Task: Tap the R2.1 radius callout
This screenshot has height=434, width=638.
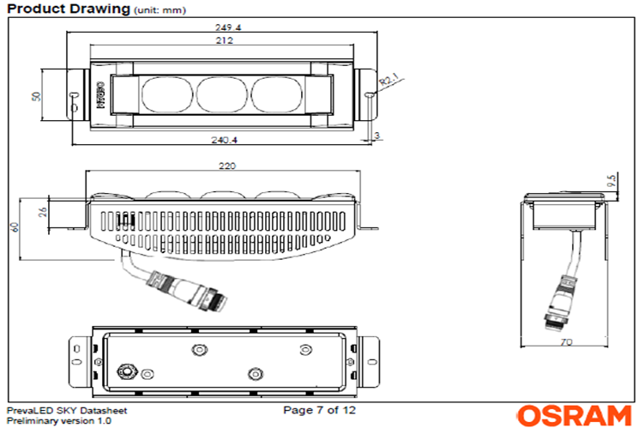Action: pyautogui.click(x=390, y=82)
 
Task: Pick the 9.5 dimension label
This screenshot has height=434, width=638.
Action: pyautogui.click(x=611, y=183)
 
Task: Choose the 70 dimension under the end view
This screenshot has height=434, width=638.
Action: pyautogui.click(x=567, y=343)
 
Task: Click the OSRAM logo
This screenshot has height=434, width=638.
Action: pyautogui.click(x=574, y=416)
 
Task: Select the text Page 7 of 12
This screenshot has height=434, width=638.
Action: pyautogui.click(x=319, y=410)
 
